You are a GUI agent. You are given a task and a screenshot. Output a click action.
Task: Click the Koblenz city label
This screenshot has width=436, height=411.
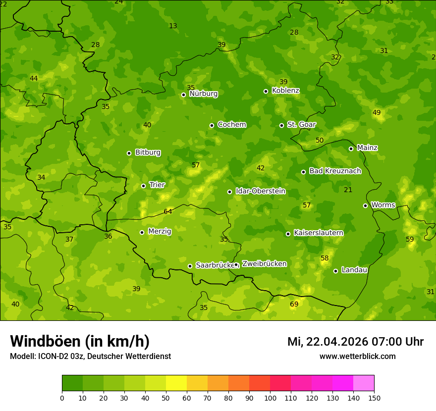tap(286, 91)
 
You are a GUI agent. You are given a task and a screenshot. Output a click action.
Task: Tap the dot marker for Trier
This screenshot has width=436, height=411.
tap(144, 186)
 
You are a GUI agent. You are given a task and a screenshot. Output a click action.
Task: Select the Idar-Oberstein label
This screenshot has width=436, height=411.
tap(260, 191)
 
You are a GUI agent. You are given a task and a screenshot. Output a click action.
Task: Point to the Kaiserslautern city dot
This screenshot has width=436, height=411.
tap(288, 234)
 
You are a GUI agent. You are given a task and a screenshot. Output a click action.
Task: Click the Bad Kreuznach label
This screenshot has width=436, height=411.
tap(335, 171)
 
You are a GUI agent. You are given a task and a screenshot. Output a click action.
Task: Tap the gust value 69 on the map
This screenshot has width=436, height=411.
tap(294, 304)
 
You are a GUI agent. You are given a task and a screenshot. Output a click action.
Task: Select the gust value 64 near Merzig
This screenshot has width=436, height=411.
tap(168, 211)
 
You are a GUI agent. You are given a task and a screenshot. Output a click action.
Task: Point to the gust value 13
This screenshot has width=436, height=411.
tap(173, 26)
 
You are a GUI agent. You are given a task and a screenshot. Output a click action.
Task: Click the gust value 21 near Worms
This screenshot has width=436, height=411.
tap(348, 190)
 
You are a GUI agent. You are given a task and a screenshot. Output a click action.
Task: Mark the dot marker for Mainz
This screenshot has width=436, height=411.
tap(351, 149)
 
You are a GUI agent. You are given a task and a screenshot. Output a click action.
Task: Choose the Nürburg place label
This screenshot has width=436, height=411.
tap(203, 93)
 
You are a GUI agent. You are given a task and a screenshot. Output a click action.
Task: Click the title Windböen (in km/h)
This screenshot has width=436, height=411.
tap(80, 341)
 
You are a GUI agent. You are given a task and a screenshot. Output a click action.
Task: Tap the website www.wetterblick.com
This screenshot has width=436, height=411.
tap(357, 356)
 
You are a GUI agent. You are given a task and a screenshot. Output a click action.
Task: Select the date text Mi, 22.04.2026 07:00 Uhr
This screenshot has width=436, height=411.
tap(355, 342)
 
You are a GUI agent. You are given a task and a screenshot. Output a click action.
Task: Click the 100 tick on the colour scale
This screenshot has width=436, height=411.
tap(270, 398)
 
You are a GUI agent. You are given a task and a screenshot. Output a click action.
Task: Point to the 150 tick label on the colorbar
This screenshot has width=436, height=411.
tap(374, 398)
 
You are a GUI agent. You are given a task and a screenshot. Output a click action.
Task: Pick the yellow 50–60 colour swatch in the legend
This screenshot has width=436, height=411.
tap(176, 383)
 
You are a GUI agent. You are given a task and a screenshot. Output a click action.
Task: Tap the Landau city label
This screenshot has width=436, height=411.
tap(354, 270)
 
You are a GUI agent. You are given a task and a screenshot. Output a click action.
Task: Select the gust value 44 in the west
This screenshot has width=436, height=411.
tap(34, 78)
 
